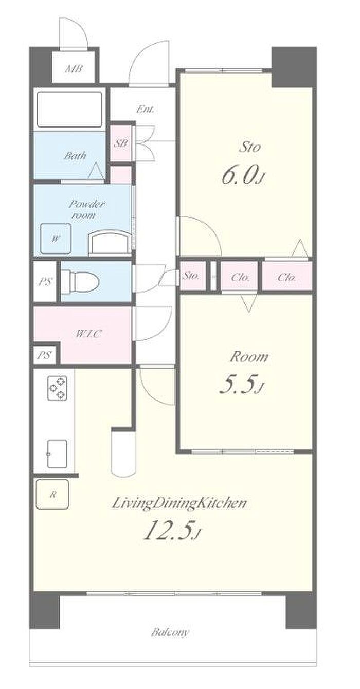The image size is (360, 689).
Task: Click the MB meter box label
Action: coord(74,68)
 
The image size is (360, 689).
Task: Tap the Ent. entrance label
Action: coord(145,109)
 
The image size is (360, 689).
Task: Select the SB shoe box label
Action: coord(121,143)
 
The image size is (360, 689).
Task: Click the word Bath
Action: coord(75,156)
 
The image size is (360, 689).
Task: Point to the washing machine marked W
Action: coord(56,239)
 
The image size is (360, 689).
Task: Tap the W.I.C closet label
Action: coord(88,334)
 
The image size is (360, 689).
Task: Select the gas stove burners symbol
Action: coord(58,389)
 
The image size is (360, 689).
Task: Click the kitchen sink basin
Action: coord(57,454)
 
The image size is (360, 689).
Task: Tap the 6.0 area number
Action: coord(243,176)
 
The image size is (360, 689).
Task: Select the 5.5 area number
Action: coord(242,386)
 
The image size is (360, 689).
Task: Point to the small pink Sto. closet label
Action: coord(191,276)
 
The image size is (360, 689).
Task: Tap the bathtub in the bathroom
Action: coord(69,109)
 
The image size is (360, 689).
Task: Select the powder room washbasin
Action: coord(110,243)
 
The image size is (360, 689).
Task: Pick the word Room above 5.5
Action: coord(248,357)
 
